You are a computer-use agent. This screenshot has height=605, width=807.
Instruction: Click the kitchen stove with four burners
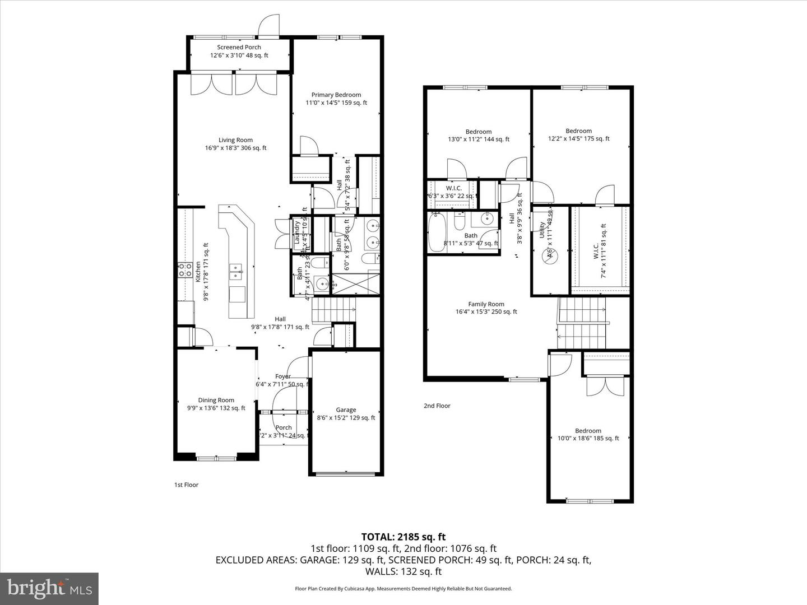185,270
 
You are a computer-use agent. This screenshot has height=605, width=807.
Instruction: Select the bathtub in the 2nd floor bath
435,232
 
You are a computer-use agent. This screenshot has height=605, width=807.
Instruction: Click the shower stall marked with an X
355,283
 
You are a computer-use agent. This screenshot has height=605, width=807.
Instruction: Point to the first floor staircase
333,310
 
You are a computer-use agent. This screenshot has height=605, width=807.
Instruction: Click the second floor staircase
583,323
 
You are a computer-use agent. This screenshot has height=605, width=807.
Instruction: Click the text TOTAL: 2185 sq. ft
403,537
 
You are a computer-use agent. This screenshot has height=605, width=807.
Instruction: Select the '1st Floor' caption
186,485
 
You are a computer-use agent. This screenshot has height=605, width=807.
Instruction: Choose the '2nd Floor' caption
437,406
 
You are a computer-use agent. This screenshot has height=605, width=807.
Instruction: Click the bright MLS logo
49,588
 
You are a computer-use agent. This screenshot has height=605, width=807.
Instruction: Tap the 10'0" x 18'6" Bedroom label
588,434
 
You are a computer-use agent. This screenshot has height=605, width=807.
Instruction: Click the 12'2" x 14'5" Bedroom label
578,134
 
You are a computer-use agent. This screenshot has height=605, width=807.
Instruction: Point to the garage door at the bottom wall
346,474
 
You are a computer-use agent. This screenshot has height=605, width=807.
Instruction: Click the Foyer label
282,376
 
